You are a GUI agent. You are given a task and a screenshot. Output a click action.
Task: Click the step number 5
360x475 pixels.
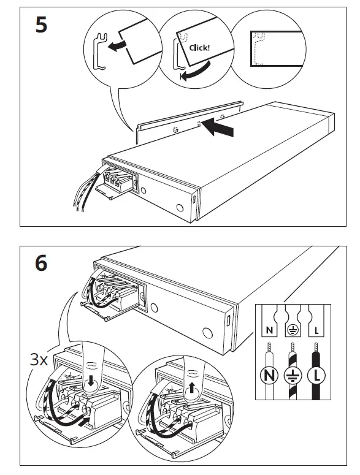point(41,26)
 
